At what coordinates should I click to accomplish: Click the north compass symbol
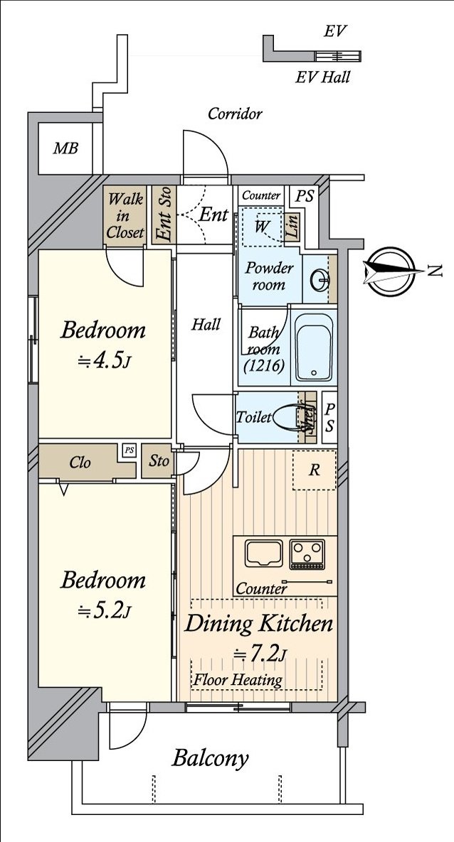click(x=390, y=271)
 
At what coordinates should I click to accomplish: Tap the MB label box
click(x=65, y=149)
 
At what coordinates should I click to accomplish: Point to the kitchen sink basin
click(x=263, y=553)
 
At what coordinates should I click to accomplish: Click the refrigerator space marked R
click(x=314, y=470)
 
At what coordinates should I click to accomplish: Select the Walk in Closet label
click(x=125, y=215)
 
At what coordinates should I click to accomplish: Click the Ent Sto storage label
click(x=164, y=215)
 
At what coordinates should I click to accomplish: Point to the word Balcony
click(x=210, y=758)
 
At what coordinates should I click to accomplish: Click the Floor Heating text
click(x=238, y=680)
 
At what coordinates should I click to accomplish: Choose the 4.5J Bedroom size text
click(x=104, y=362)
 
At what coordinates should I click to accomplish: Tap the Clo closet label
click(x=80, y=463)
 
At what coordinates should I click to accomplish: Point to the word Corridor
click(x=235, y=114)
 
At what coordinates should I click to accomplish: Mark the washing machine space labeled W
click(x=261, y=226)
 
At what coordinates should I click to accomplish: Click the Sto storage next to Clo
click(x=159, y=461)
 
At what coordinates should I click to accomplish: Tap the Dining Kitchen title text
click(x=258, y=625)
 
